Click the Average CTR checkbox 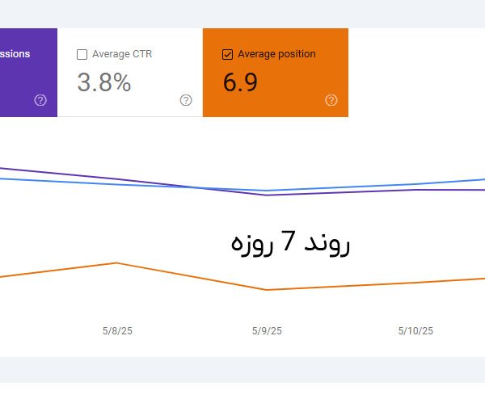(x=82, y=54)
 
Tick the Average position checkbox (x=227, y=54)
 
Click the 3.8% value (x=103, y=82)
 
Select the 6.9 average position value (x=240, y=82)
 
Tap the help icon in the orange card (x=331, y=100)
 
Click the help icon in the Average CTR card (x=186, y=100)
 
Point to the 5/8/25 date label (x=117, y=330)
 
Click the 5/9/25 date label (x=267, y=330)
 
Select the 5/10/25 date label (x=415, y=330)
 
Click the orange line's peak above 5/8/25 (x=118, y=262)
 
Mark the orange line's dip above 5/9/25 (x=267, y=290)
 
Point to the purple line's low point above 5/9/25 (x=267, y=195)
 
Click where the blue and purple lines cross (x=200, y=187)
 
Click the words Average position (x=276, y=54)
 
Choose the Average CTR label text (x=122, y=54)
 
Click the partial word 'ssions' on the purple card (x=15, y=54)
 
